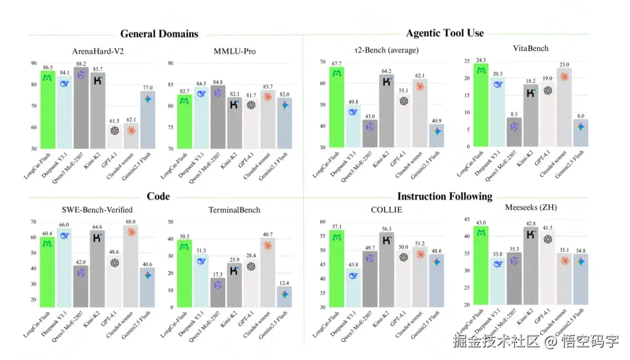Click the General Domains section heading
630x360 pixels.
coord(159,34)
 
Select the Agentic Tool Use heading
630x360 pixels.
coord(444,33)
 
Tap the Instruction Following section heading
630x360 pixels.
coord(444,196)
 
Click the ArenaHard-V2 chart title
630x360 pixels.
coord(97,51)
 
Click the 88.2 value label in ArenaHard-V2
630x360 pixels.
coord(81,64)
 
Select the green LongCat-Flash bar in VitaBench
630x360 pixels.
coord(481,105)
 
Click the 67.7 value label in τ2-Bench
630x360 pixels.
coord(337,64)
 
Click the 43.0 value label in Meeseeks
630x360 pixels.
coord(481,223)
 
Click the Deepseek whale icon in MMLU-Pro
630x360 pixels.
coord(201,93)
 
